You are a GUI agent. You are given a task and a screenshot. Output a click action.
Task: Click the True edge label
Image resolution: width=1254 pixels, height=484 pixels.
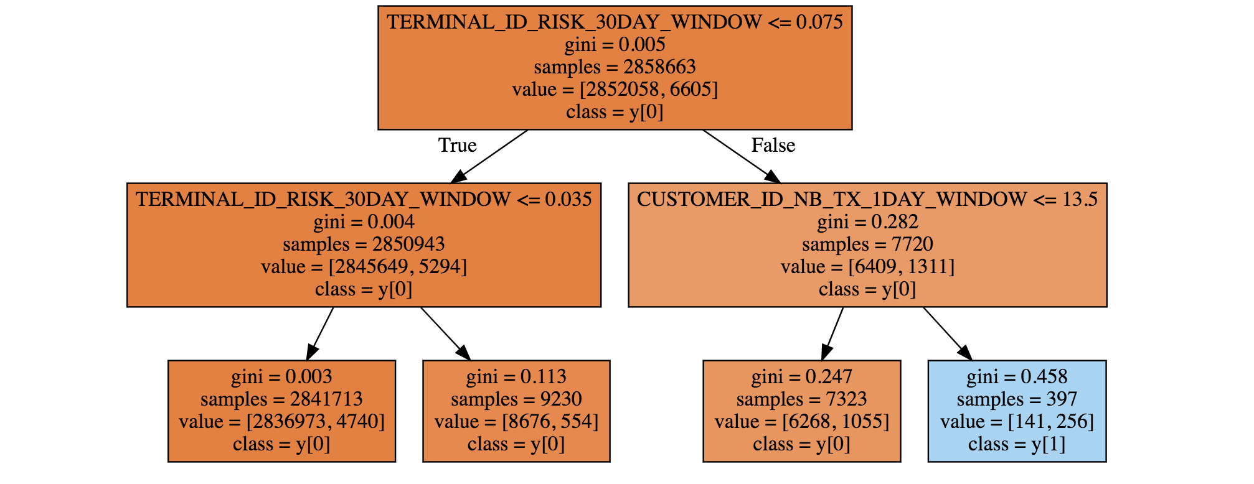pos(457,145)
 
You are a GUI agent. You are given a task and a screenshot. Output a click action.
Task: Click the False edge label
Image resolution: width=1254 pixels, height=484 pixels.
pos(773,145)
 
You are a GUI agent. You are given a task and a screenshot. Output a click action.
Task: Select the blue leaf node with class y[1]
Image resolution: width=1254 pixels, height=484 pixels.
pos(1017,411)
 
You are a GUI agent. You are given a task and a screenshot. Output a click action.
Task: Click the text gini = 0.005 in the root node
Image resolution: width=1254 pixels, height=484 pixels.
pos(615,44)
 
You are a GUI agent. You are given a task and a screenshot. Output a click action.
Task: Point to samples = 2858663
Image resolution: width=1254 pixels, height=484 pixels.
pos(615,67)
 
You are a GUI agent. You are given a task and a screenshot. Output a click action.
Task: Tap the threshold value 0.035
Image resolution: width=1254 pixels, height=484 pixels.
pos(568,199)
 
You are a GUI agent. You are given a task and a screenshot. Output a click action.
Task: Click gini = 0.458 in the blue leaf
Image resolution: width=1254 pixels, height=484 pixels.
pos(1017,376)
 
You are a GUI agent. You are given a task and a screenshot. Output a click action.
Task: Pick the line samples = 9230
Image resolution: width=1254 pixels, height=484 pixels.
pos(516,399)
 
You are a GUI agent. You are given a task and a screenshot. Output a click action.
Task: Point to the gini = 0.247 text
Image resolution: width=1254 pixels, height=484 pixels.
pos(801,376)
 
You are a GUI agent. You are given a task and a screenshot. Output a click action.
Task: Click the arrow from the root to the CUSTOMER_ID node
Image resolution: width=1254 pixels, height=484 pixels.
pos(741,156)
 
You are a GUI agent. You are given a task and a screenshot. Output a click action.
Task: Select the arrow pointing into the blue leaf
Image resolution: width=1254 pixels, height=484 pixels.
pos(946,333)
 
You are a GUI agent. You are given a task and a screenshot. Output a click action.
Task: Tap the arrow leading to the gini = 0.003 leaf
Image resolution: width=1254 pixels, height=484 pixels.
pos(320,333)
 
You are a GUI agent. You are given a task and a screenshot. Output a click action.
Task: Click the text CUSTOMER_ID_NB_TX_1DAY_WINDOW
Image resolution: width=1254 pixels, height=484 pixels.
pos(831,199)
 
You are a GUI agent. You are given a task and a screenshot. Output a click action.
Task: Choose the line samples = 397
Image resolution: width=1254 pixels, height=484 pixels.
pos(1017,399)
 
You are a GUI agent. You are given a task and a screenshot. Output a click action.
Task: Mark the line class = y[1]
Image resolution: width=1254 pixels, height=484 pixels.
pos(1017,444)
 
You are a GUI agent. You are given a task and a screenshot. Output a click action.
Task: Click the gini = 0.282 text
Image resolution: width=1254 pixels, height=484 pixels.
pos(867,221)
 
